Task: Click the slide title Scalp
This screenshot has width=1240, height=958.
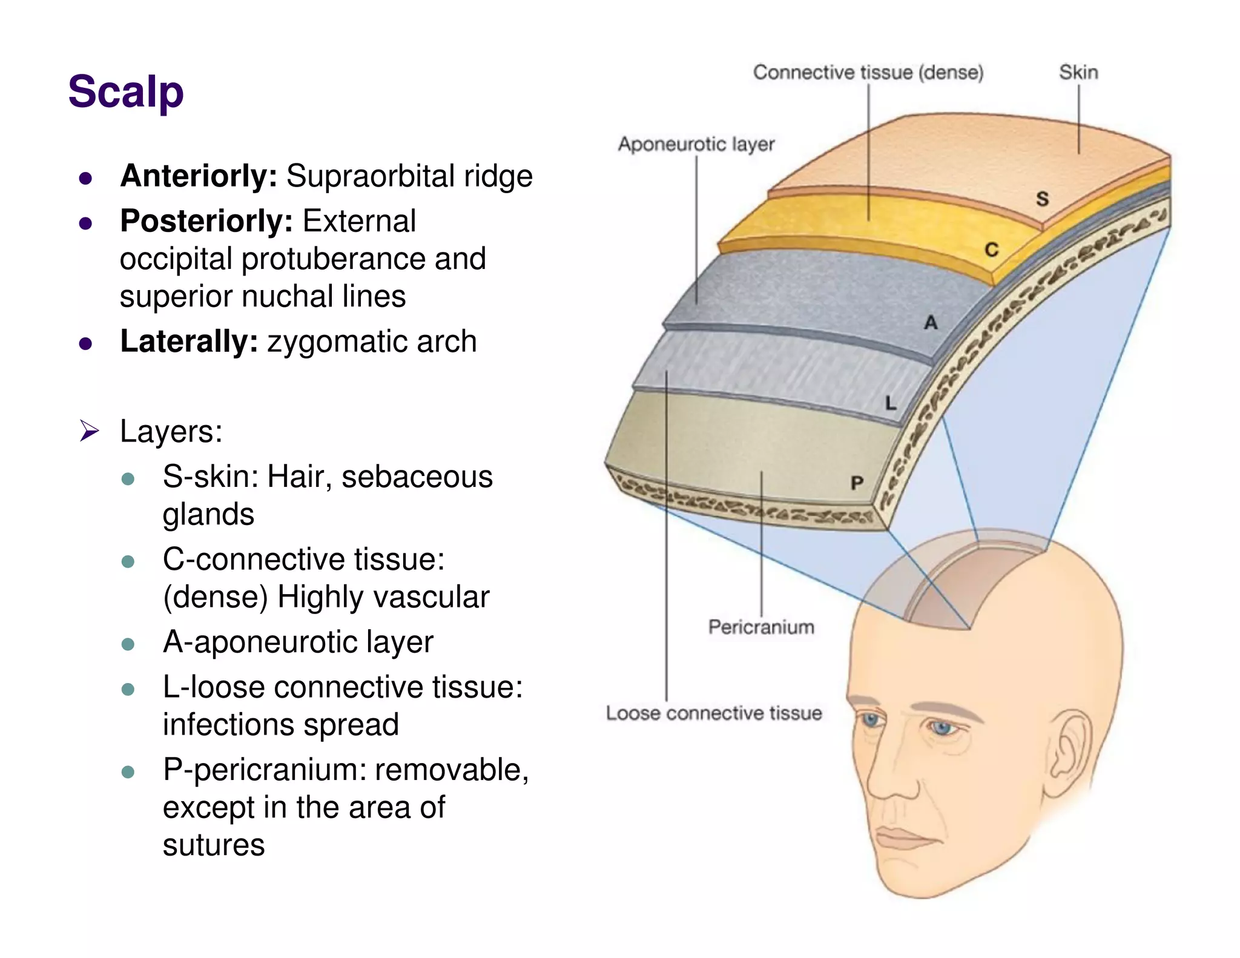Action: click(x=126, y=92)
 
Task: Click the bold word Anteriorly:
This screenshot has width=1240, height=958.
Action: click(x=199, y=176)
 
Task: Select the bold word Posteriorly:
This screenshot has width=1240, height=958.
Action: click(x=206, y=221)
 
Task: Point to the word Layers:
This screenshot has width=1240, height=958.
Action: click(x=171, y=431)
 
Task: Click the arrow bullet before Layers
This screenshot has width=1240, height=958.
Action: click(x=90, y=431)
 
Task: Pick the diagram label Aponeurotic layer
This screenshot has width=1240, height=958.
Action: click(x=696, y=144)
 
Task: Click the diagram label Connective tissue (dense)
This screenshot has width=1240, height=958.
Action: click(x=868, y=73)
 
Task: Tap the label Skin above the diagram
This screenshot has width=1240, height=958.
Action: click(x=1078, y=73)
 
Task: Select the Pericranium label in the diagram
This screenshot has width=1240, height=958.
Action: click(x=761, y=627)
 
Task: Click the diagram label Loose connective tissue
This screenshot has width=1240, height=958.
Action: click(x=714, y=713)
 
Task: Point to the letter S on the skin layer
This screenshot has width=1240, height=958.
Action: click(x=1042, y=199)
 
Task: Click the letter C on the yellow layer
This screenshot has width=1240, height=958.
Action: click(x=991, y=249)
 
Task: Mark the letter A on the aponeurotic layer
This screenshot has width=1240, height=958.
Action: click(x=931, y=323)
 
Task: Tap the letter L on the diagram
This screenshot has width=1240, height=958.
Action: click(x=890, y=403)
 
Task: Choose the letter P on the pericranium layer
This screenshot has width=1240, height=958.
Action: click(x=857, y=483)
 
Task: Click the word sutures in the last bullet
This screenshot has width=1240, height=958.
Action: click(x=214, y=845)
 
